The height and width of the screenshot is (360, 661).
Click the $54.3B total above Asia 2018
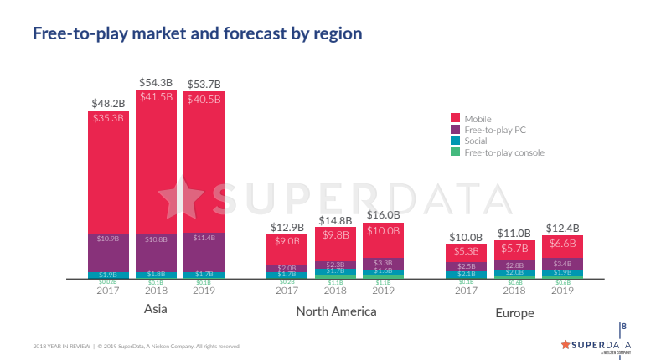tap(156, 83)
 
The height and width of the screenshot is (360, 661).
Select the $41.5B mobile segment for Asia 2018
tap(156, 97)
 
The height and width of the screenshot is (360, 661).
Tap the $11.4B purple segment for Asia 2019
tap(204, 239)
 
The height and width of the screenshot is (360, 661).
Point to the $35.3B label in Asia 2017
tap(108, 118)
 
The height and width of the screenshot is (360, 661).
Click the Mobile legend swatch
tap(455, 118)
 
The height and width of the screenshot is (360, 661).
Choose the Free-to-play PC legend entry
tap(495, 130)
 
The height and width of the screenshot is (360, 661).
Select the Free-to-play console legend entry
tap(503, 152)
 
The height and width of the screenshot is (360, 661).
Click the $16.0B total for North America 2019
tap(383, 215)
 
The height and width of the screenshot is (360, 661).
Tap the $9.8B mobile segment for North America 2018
tap(335, 235)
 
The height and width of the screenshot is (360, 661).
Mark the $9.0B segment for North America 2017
tap(287, 241)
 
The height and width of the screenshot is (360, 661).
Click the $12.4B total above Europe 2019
tap(562, 228)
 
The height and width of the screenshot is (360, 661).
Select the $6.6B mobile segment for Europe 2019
tap(562, 244)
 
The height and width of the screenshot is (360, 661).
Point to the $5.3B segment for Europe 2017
tap(466, 251)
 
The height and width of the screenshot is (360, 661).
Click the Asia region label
tap(155, 310)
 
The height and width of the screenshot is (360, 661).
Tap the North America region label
tap(336, 311)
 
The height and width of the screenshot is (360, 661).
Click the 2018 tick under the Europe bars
tap(514, 291)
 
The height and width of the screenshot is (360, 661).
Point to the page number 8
tap(623, 326)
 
